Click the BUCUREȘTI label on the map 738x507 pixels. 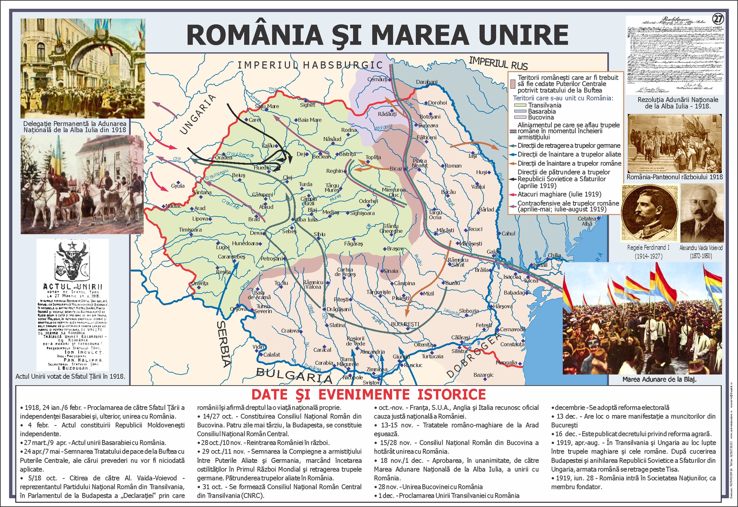tap(405, 324)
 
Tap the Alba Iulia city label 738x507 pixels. tap(307, 220)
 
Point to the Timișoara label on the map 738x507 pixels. tap(190, 230)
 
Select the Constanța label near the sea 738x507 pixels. tap(512, 344)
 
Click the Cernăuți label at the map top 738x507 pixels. tap(377, 79)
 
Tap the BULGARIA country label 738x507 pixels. tap(294, 375)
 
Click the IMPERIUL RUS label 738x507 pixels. tap(498, 62)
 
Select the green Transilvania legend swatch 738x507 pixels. tap(520, 105)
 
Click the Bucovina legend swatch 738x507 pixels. tap(520, 117)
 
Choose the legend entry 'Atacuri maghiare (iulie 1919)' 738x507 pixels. tap(559, 194)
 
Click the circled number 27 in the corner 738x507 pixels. tap(718, 19)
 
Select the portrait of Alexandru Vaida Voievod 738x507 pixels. tap(701, 213)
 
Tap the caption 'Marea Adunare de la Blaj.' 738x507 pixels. tap(659, 379)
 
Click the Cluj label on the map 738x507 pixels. tap(288, 177)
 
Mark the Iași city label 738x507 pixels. tap(472, 156)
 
